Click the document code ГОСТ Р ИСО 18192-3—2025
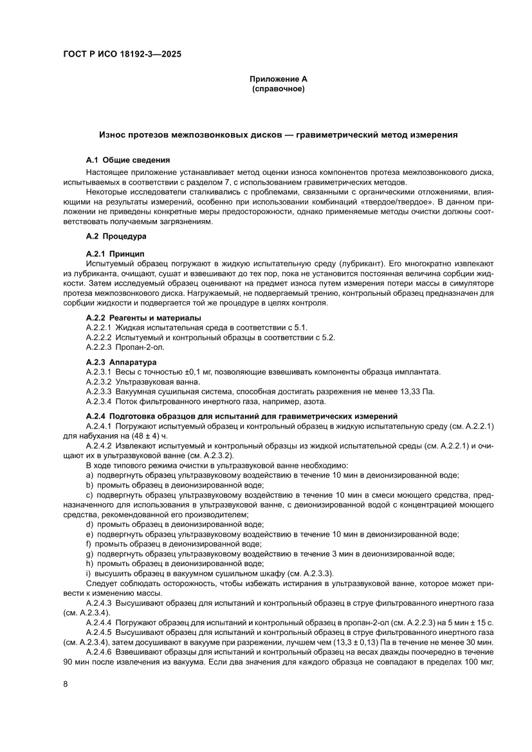122,55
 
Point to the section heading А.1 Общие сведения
128,160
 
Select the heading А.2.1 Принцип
116,254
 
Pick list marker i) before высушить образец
88,574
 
